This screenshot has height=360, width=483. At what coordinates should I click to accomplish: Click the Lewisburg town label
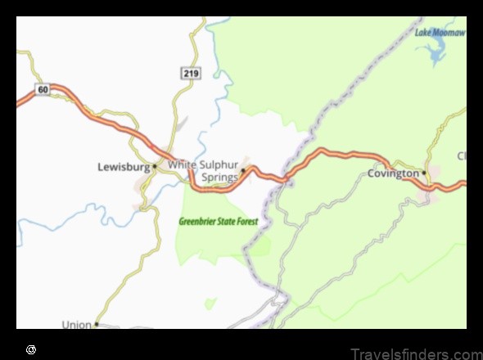pyautogui.click(x=124, y=167)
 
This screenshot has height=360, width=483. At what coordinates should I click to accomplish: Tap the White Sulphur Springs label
pyautogui.click(x=204, y=171)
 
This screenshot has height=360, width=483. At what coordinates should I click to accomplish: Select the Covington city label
pyautogui.click(x=393, y=173)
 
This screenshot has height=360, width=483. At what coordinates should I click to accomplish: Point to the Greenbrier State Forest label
pyautogui.click(x=219, y=222)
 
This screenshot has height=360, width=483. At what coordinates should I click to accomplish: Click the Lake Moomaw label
pyautogui.click(x=440, y=33)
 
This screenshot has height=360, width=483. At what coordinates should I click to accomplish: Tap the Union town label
pyautogui.click(x=77, y=325)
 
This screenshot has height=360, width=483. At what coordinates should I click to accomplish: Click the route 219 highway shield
pyautogui.click(x=190, y=74)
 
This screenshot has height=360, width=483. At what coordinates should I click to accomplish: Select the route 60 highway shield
pyautogui.click(x=43, y=88)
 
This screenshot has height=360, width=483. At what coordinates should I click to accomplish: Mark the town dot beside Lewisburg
pyautogui.click(x=154, y=167)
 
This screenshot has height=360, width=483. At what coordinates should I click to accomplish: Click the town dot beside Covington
pyautogui.click(x=424, y=173)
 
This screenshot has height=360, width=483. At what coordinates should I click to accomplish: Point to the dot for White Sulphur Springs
pyautogui.click(x=243, y=171)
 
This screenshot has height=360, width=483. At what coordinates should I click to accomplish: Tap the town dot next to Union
pyautogui.click(x=96, y=324)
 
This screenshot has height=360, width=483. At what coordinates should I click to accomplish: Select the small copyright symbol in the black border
pyautogui.click(x=30, y=349)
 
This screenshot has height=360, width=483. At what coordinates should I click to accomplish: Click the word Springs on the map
pyautogui.click(x=220, y=177)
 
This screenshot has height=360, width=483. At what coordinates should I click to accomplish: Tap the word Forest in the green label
pyautogui.click(x=246, y=222)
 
